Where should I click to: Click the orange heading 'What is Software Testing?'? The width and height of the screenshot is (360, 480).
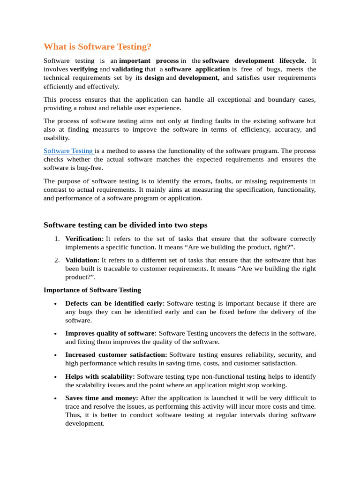pos(97,47)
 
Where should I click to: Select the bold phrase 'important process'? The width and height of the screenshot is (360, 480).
pos(149,61)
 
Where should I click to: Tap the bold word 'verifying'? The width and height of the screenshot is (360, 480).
pos(84,69)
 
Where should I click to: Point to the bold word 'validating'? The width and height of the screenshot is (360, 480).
pos(127,69)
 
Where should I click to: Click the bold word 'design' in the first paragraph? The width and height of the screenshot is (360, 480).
pos(154,78)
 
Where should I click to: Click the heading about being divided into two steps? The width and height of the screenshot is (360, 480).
pos(125,225)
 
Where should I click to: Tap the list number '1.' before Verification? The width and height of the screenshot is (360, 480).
pos(56,239)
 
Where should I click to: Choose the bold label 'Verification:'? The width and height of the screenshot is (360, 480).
pos(84,239)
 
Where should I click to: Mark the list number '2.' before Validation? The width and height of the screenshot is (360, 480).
pos(56,260)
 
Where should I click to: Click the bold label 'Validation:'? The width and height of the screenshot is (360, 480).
pos(82,260)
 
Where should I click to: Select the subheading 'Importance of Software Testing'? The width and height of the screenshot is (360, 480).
pos(92,290)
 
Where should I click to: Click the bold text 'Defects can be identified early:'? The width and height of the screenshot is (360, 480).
pos(115,304)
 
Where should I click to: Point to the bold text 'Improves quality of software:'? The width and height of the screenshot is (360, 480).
pos(111,333)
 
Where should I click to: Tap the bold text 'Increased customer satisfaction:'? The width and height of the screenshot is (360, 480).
pos(116,355)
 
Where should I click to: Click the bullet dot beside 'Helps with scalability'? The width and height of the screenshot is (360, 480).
pos(56,377)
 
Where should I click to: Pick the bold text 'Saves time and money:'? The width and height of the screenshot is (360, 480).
pos(102,398)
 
